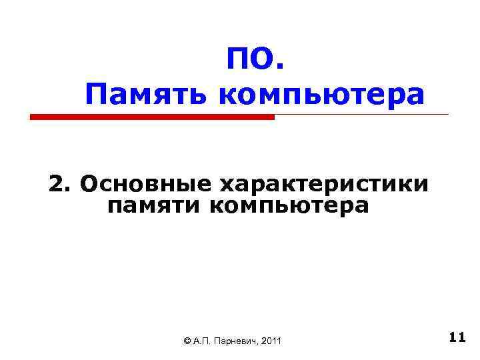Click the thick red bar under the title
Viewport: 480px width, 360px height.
click(152, 117)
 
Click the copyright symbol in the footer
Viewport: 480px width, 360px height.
click(187, 341)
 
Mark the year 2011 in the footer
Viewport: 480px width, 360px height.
click(272, 341)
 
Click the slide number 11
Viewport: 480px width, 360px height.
click(457, 337)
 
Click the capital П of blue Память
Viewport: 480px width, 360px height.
click(96, 95)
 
